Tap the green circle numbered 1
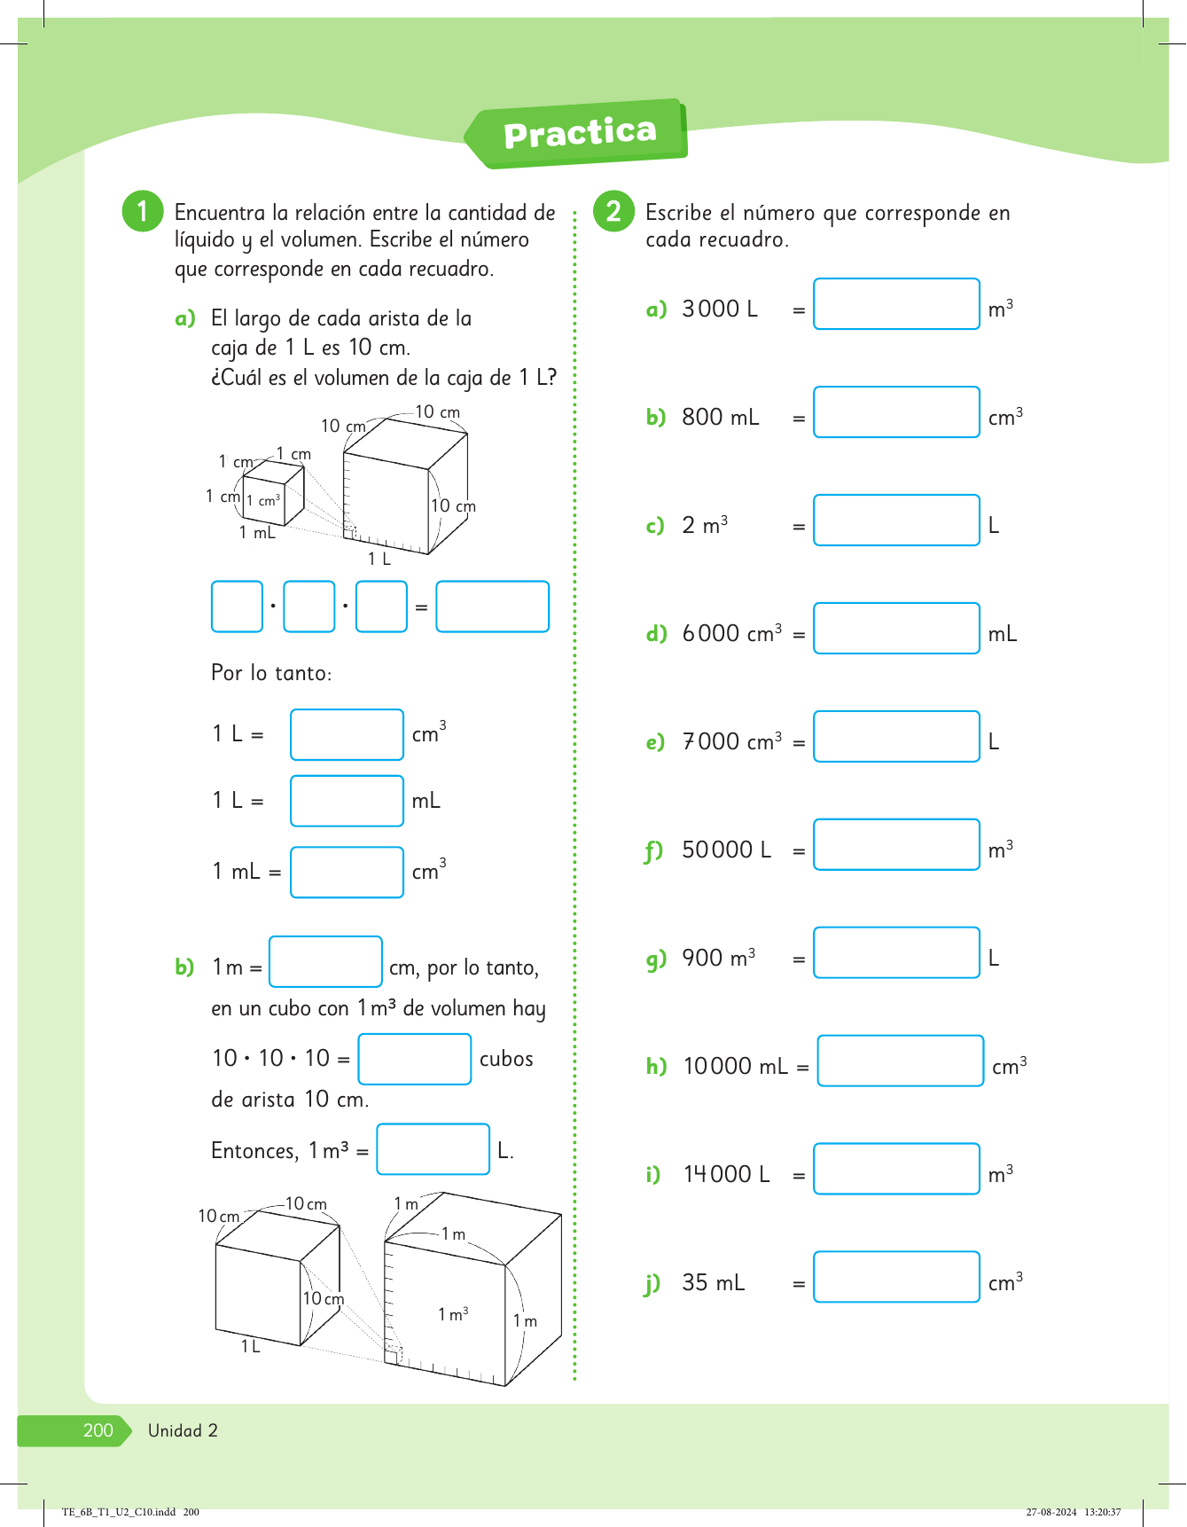coord(143,211)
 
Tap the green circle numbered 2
coord(613,211)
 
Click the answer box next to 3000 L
coord(896,304)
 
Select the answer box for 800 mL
coord(896,412)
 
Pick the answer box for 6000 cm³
coord(896,629)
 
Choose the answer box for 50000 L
coord(896,845)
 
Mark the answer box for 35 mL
coord(896,1277)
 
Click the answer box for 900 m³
coord(896,953)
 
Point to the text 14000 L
coord(726,1174)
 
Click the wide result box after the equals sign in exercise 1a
coord(492,607)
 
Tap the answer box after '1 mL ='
coord(347,873)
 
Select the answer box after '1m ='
coord(325,962)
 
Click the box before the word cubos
coord(414,1060)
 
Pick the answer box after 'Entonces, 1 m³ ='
coord(433,1149)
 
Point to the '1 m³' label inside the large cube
coord(453,1314)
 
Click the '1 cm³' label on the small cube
coord(263,501)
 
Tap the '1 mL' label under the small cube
coord(257,533)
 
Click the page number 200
coord(98,1430)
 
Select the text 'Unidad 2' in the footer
coord(183,1430)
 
